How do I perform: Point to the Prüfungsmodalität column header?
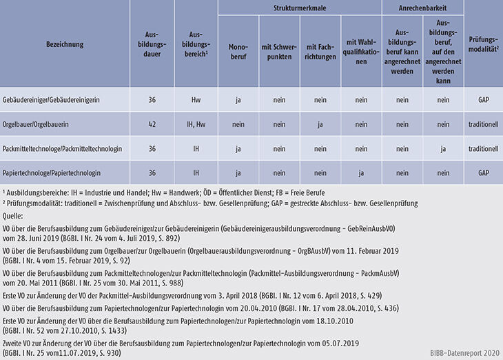(x=483, y=44)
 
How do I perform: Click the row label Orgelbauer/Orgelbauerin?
(x=43, y=125)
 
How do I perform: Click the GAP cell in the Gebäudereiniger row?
(x=483, y=100)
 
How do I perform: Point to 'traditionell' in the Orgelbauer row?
(x=483, y=125)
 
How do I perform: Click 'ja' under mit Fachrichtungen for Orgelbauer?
(x=320, y=125)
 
